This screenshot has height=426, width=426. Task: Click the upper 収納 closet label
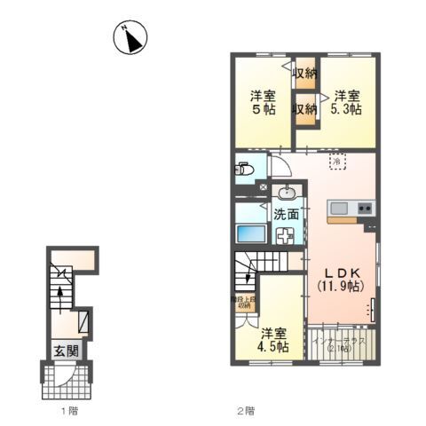click(x=305, y=74)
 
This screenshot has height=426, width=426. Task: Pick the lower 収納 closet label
click(x=305, y=109)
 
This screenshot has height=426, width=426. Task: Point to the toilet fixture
click(x=245, y=169)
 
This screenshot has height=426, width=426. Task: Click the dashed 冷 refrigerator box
click(x=337, y=162)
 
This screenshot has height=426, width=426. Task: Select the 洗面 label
click(x=285, y=214)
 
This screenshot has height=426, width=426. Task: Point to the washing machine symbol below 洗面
click(x=286, y=236)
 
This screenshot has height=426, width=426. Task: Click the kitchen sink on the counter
click(x=340, y=209)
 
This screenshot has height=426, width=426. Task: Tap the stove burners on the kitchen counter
click(x=365, y=209)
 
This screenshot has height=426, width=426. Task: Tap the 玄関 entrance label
click(x=59, y=350)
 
